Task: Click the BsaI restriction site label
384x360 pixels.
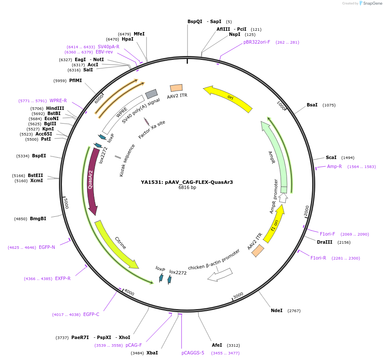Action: tap(312, 105)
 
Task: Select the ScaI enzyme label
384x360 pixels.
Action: tap(331, 158)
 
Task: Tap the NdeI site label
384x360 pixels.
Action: tap(276, 310)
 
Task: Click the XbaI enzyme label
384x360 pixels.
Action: tap(152, 353)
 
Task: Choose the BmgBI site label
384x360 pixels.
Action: tap(38, 219)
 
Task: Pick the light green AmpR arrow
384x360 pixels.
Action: tap(275, 154)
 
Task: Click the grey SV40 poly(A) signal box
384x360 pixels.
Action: tap(151, 94)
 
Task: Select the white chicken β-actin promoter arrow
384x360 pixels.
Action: tap(220, 274)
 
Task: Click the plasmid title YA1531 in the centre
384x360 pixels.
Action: tap(187, 182)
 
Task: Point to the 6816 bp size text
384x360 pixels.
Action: tap(187, 188)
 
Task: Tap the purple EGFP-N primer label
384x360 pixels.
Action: tap(47, 248)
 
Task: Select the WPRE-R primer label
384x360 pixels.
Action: tap(58, 101)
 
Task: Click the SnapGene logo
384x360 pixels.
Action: tap(370, 3)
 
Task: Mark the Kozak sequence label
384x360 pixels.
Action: tap(127, 160)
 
